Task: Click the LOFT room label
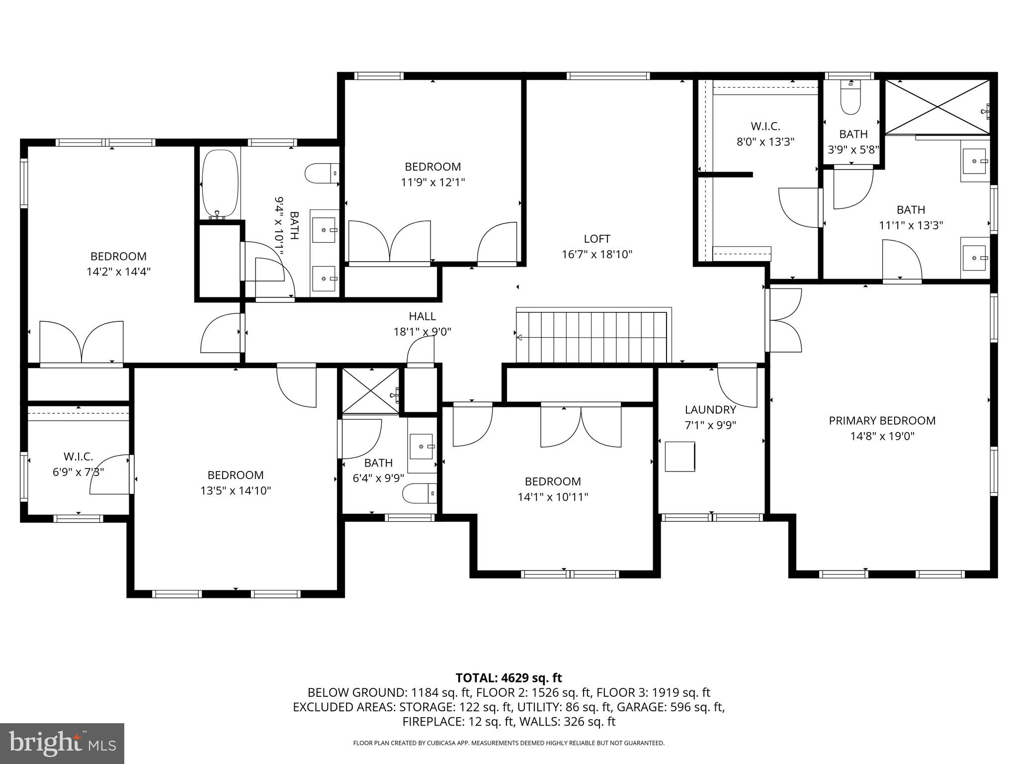(597, 239)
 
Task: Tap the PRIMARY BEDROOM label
(882, 421)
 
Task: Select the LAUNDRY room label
(710, 410)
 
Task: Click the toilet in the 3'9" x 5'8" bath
(850, 98)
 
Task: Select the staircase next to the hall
(592, 337)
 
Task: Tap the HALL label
(422, 316)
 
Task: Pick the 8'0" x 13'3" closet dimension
(765, 142)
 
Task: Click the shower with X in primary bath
(937, 106)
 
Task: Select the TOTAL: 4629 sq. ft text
(509, 678)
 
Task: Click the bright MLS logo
(62, 743)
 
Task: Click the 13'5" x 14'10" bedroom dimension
(235, 491)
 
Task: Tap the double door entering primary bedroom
(784, 320)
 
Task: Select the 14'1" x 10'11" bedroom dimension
(553, 497)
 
